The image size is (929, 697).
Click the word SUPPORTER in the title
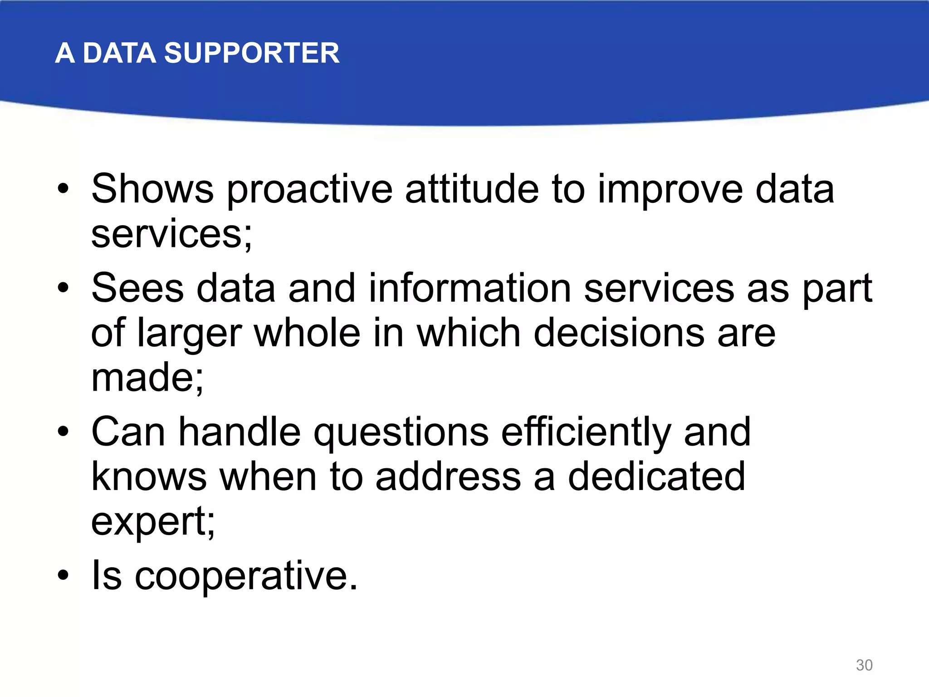pyautogui.click(x=251, y=53)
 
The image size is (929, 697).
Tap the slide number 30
pyautogui.click(x=864, y=665)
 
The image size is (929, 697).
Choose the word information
pyautogui.click(x=470, y=288)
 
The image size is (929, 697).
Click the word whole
pyautogui.click(x=307, y=333)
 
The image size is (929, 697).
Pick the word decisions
pyautogui.click(x=619, y=333)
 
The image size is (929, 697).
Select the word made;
pyautogui.click(x=147, y=378)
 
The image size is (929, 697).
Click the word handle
pyautogui.click(x=240, y=432)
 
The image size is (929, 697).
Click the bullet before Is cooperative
pyautogui.click(x=63, y=575)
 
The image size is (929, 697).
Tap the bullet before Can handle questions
pyautogui.click(x=63, y=432)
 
